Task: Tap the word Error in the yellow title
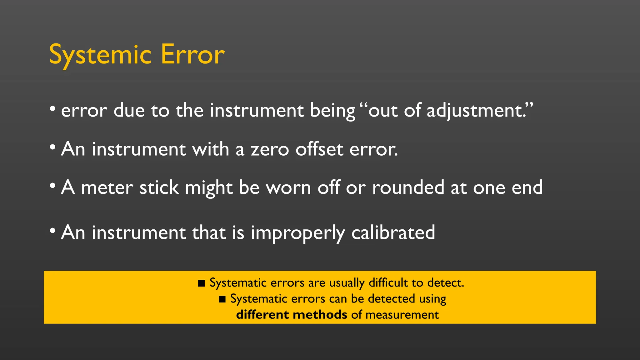pos(192,55)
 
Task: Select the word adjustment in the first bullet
pos(477,111)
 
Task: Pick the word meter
pos(107,188)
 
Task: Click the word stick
pos(159,188)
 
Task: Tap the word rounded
pos(408,187)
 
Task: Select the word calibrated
pos(393,232)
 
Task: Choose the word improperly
pos(298,233)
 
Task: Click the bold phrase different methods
pos(292,314)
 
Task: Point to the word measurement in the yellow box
pos(402,315)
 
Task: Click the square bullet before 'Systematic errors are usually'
pos(202,283)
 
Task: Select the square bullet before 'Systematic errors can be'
pos(222,299)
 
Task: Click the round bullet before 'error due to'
pos(52,109)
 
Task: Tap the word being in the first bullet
pos(332,111)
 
